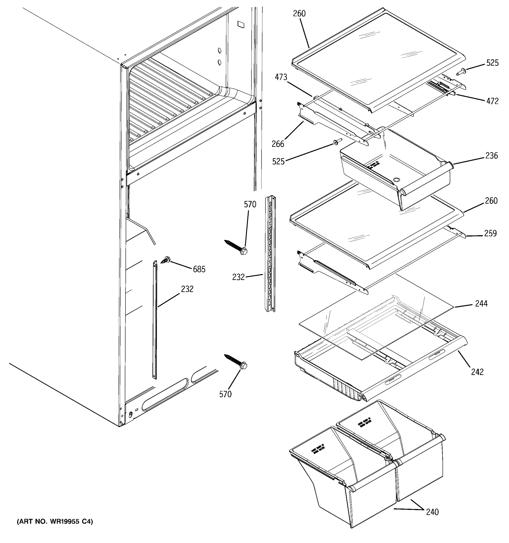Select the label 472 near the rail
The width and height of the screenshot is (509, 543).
(x=492, y=101)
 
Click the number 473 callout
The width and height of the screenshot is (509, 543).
(x=281, y=77)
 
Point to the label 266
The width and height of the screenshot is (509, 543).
(x=278, y=144)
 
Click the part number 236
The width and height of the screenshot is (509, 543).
(x=492, y=155)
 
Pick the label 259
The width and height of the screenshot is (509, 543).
(x=490, y=233)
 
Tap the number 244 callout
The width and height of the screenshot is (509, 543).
(x=481, y=303)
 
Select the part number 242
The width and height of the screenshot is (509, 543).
(x=477, y=372)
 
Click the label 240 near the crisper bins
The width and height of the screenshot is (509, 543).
(x=432, y=512)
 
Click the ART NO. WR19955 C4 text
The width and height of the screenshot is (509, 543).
(x=55, y=522)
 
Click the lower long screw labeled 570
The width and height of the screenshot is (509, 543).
(x=235, y=361)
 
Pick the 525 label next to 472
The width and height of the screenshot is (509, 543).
(x=492, y=63)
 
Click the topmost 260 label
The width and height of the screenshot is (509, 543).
(x=299, y=13)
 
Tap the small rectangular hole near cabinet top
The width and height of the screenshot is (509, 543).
(x=240, y=25)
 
